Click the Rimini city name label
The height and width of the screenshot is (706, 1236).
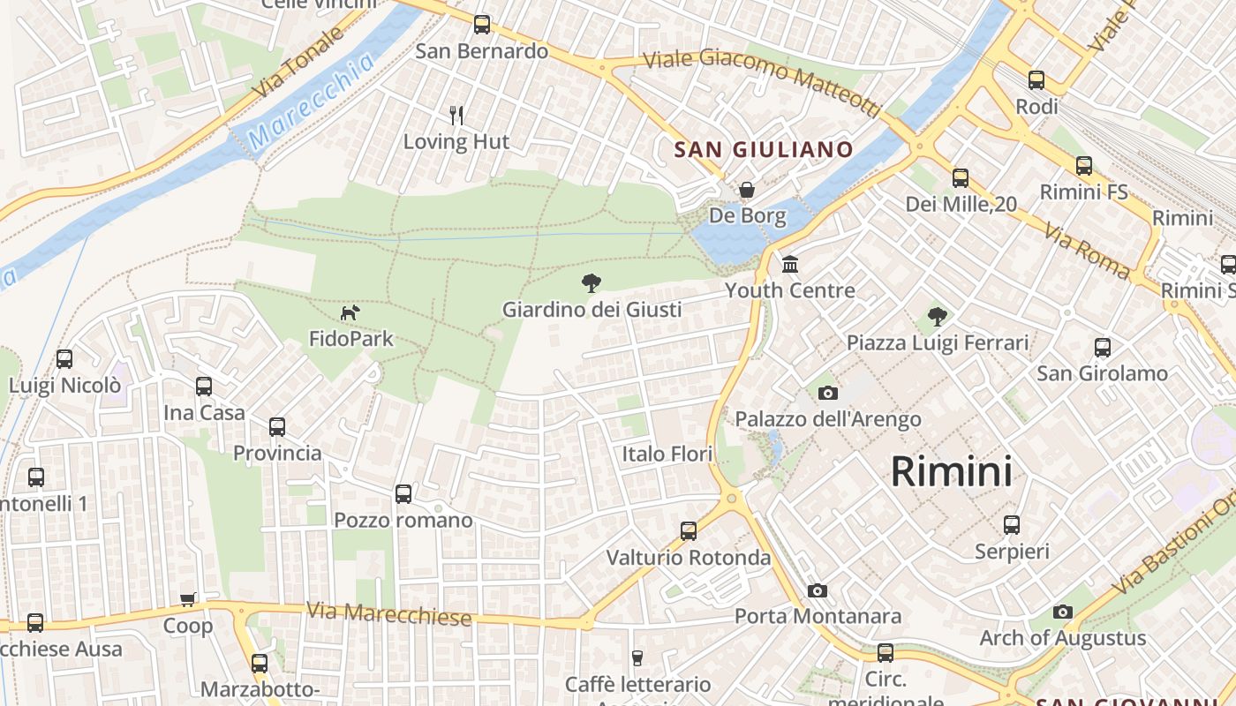click(951, 471)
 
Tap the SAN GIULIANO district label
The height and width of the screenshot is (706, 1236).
click(764, 149)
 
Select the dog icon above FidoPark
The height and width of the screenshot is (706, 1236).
click(350, 312)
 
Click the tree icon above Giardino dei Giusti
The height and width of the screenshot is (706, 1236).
click(592, 283)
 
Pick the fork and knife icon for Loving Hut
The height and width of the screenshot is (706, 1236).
click(456, 115)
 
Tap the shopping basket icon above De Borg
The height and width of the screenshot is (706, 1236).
click(747, 190)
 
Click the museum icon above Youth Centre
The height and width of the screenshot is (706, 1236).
click(790, 264)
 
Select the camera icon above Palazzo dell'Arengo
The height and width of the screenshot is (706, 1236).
click(828, 393)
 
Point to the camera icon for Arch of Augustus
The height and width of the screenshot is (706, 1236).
click(1063, 612)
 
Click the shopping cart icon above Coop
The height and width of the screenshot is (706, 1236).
click(188, 600)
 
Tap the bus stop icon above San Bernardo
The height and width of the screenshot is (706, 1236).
click(482, 25)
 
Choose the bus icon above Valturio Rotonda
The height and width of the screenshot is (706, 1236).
click(689, 531)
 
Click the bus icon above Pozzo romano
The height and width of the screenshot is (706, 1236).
click(403, 494)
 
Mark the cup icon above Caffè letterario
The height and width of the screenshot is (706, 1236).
click(637, 657)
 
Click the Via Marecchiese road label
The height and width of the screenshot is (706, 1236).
click(389, 614)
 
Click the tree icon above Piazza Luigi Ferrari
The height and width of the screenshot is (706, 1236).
click(938, 316)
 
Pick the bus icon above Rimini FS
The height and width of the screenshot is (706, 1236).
click(1084, 166)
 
